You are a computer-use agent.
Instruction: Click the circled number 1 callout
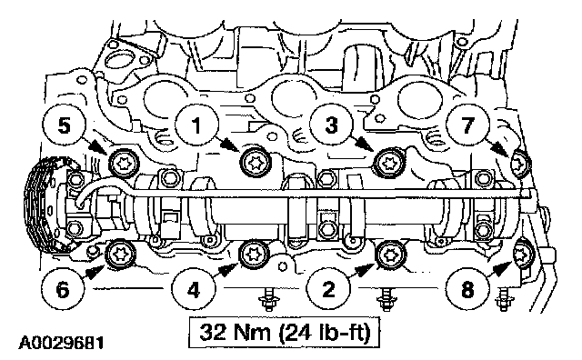pos(196,125)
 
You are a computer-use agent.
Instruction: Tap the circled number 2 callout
pos(329,289)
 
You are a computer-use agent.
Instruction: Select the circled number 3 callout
pos(331,125)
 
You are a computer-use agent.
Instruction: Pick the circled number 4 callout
pos(194,289)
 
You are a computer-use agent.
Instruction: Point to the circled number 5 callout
pos(65,125)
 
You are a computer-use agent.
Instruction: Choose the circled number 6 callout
pos(63,289)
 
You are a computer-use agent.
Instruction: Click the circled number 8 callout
pos(467,289)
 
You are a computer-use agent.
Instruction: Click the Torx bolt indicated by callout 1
pos(256,163)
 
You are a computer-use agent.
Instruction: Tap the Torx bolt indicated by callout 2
pos(390,255)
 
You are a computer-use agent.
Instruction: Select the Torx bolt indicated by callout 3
pos(388,163)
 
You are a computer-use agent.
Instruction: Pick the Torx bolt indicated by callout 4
pos(255,255)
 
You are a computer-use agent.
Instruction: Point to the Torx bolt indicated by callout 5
pos(124,163)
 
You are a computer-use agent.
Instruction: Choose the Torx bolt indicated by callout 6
pos(121,255)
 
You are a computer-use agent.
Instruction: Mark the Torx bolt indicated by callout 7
pos(520,163)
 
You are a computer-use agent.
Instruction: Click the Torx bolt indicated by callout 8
pos(521,255)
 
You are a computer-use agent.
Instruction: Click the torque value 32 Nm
pos(235,332)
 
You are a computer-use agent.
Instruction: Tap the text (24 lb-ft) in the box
pos(325,333)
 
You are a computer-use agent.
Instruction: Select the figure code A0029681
pos(61,343)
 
